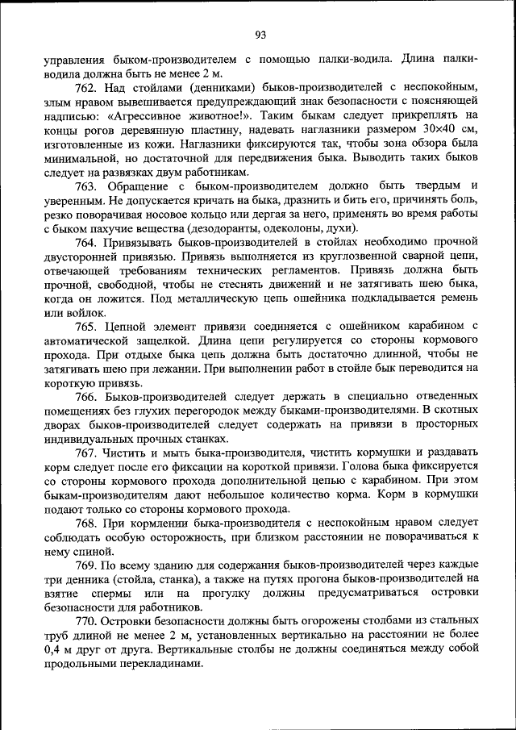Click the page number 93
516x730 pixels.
[x=260, y=33]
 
